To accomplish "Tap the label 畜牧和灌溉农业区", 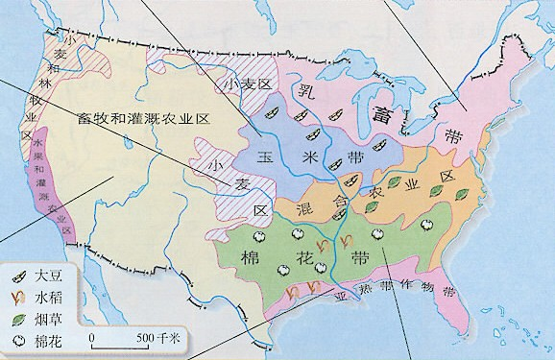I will pyautogui.click(x=144, y=117).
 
